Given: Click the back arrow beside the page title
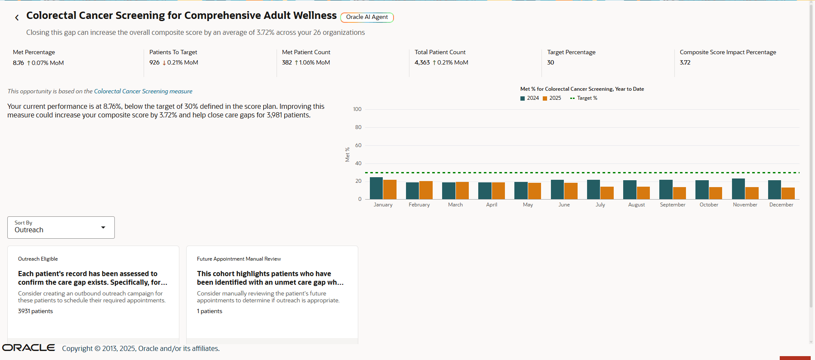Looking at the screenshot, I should pyautogui.click(x=17, y=18).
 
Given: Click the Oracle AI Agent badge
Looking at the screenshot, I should pyautogui.click(x=367, y=17).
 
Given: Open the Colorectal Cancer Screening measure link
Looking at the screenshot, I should pyautogui.click(x=143, y=91).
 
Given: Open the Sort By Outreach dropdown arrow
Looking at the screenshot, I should pyautogui.click(x=103, y=228).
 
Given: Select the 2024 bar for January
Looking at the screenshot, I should pyautogui.click(x=376, y=188).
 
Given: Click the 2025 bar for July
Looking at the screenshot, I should pyautogui.click(x=607, y=193).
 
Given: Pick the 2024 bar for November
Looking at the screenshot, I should pyautogui.click(x=738, y=189).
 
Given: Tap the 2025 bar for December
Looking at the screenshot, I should pyautogui.click(x=788, y=193).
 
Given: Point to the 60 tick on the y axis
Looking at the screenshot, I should pyautogui.click(x=358, y=145).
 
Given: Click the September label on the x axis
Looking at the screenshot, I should pyautogui.click(x=672, y=205).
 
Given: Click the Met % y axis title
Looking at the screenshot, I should pyautogui.click(x=347, y=154).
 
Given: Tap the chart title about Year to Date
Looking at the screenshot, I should pyautogui.click(x=582, y=89).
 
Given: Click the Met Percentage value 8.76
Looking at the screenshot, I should pyautogui.click(x=18, y=63).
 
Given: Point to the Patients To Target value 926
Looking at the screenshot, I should pyautogui.click(x=154, y=62).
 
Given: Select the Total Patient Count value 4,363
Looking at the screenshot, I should pyautogui.click(x=422, y=62).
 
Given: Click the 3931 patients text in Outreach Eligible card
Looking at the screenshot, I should pyautogui.click(x=35, y=311).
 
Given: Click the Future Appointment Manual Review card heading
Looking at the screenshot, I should pyautogui.click(x=239, y=259).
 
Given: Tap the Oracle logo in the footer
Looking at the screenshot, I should pyautogui.click(x=28, y=348).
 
